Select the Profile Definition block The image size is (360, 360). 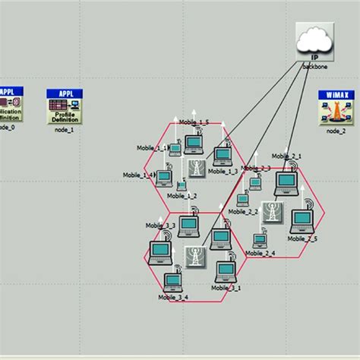pyautogui.click(x=65, y=106)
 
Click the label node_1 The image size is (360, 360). pyautogui.click(x=65, y=130)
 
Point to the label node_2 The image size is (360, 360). pyautogui.click(x=336, y=131)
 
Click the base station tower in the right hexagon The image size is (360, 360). pyautogui.click(x=272, y=212)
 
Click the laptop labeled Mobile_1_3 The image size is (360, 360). pyautogui.click(x=222, y=155)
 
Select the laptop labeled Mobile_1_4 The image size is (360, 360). pyautogui.click(x=163, y=178)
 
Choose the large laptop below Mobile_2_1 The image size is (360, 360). pyautogui.click(x=286, y=181)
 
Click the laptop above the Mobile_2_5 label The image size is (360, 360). pyautogui.click(x=302, y=219)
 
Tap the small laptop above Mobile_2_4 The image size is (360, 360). pyautogui.click(x=260, y=239)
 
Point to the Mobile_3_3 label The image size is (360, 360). pyautogui.click(x=160, y=226)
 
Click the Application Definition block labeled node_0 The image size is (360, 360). pyautogui.click(x=9, y=106)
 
